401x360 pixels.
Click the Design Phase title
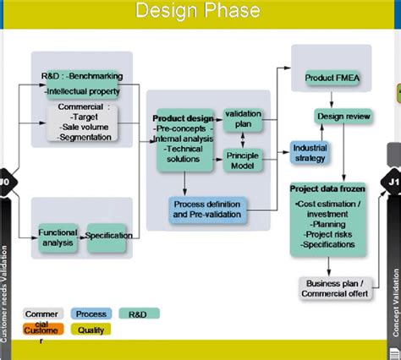[x=200, y=13]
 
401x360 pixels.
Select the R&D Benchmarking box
[x=82, y=83]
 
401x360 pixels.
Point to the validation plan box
[x=243, y=118]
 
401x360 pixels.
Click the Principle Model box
[x=243, y=161]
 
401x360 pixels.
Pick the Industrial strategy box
[x=310, y=153]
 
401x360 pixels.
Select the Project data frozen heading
[x=327, y=188]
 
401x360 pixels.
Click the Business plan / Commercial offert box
[x=330, y=288]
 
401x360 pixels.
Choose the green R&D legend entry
[x=139, y=314]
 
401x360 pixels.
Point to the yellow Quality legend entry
[x=91, y=330]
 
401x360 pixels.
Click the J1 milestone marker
[x=393, y=181]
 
